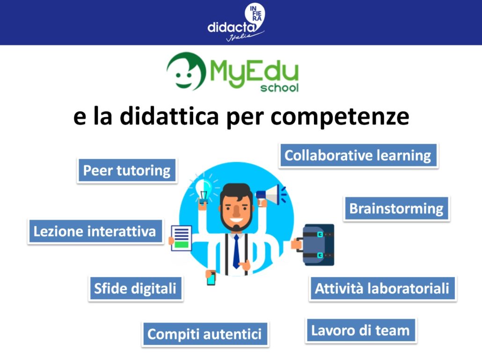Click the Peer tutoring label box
(127, 170)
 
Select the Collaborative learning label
(358, 155)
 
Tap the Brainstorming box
(396, 208)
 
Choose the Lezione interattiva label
(95, 231)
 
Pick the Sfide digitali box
(135, 288)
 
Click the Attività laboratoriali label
(382, 288)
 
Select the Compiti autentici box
(204, 334)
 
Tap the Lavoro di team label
(361, 331)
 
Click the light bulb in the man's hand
(204, 191)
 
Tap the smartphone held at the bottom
(211, 278)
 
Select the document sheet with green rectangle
(181, 238)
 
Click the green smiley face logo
(186, 71)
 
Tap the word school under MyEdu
(279, 88)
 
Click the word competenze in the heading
(340, 117)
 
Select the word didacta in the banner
(232, 27)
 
